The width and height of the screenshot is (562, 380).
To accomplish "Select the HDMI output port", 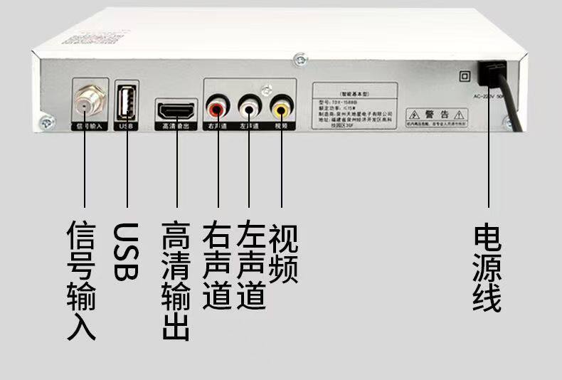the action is pos(177,110).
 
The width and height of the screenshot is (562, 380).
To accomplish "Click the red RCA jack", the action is pos(216,109).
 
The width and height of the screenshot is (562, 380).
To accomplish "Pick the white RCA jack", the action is pos(248,109).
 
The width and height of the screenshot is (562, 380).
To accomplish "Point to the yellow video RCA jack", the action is pos(280,109).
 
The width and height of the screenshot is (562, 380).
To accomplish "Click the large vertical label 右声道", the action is pos(217,266).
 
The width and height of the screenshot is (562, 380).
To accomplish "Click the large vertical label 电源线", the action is pos(487,267).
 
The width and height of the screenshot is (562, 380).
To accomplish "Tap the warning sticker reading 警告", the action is pos(436,117).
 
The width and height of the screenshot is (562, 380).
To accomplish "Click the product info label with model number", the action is pos(354,107).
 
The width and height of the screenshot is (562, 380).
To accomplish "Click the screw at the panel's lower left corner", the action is pos(47,122).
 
